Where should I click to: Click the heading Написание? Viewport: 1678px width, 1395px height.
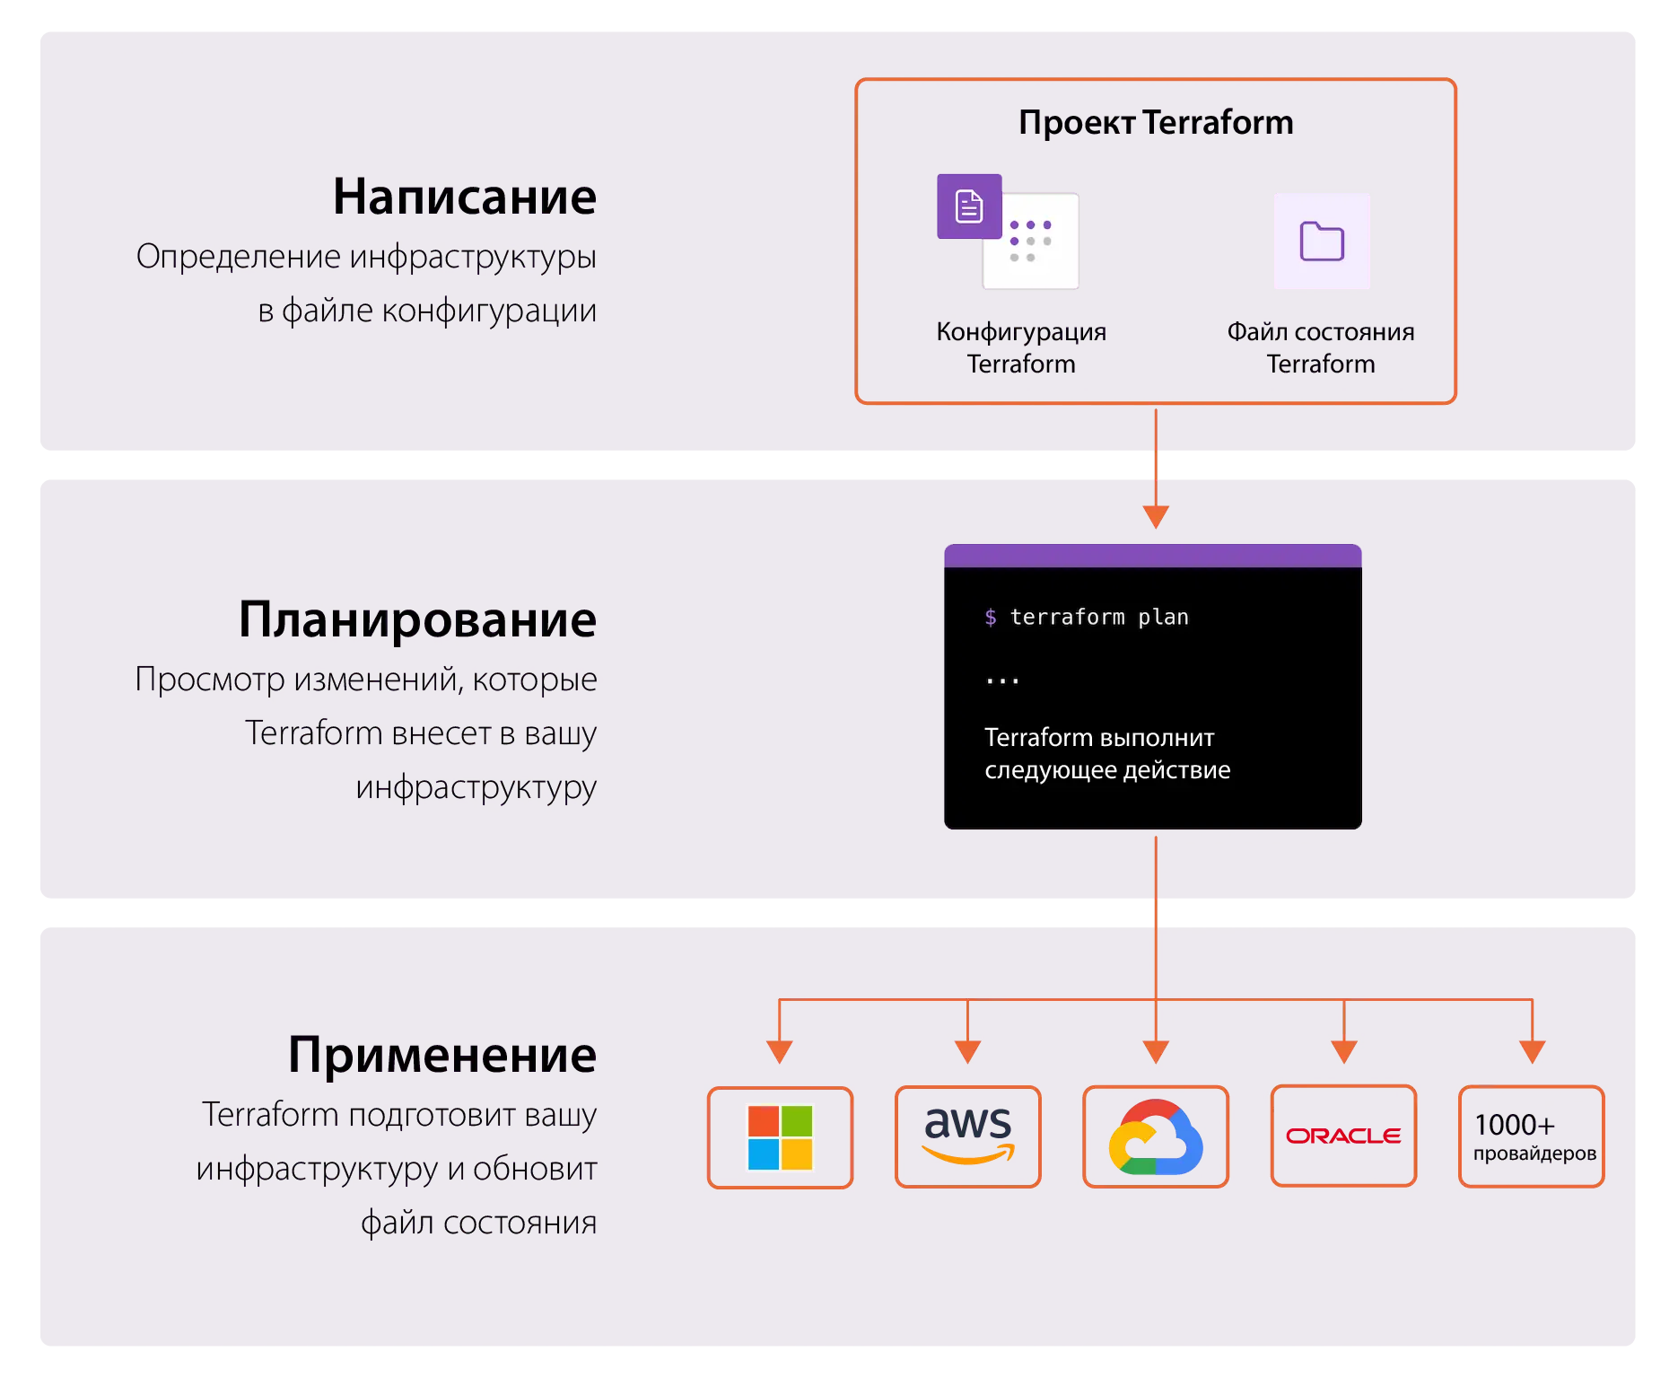tap(464, 197)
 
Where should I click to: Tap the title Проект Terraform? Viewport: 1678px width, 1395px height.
tap(1155, 122)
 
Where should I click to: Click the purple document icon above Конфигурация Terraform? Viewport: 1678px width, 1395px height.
tap(968, 206)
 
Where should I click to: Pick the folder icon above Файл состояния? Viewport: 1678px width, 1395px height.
tap(1321, 241)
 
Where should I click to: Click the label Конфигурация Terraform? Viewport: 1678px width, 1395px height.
tap(1020, 347)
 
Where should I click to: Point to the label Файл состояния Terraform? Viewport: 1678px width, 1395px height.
tap(1320, 347)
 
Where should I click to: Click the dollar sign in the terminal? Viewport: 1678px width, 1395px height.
tap(990, 617)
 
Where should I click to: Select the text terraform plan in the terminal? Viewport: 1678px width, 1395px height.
tap(1098, 617)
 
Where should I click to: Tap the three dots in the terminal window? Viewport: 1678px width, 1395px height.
tap(1001, 681)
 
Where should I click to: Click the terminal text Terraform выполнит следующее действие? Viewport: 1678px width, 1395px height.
tap(1106, 753)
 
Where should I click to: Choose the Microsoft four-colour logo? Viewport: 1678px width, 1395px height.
tap(780, 1136)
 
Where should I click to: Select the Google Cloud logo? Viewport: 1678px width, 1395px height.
tap(1155, 1136)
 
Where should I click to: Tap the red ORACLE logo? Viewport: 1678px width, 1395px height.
tap(1342, 1136)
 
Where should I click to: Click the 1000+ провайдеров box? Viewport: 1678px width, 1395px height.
tap(1531, 1136)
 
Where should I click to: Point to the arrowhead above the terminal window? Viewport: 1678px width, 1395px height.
tap(1155, 516)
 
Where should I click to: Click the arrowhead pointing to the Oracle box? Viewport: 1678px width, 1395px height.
tap(1343, 1051)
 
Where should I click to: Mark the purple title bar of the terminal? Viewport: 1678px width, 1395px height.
tap(1152, 556)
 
